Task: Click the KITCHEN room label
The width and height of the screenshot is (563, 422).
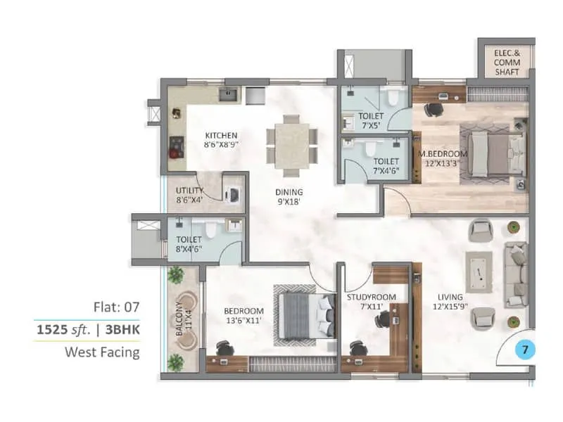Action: tap(221, 140)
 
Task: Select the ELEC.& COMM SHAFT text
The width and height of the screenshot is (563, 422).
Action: tap(506, 61)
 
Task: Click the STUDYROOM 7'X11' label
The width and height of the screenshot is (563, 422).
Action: tap(371, 302)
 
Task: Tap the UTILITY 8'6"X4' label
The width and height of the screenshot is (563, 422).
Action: tap(189, 195)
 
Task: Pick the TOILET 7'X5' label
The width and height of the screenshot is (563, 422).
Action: tap(370, 120)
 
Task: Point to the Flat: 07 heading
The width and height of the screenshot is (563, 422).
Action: tap(116, 307)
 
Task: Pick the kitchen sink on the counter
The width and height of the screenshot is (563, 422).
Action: tap(227, 94)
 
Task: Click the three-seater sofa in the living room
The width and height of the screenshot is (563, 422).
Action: tap(517, 274)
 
